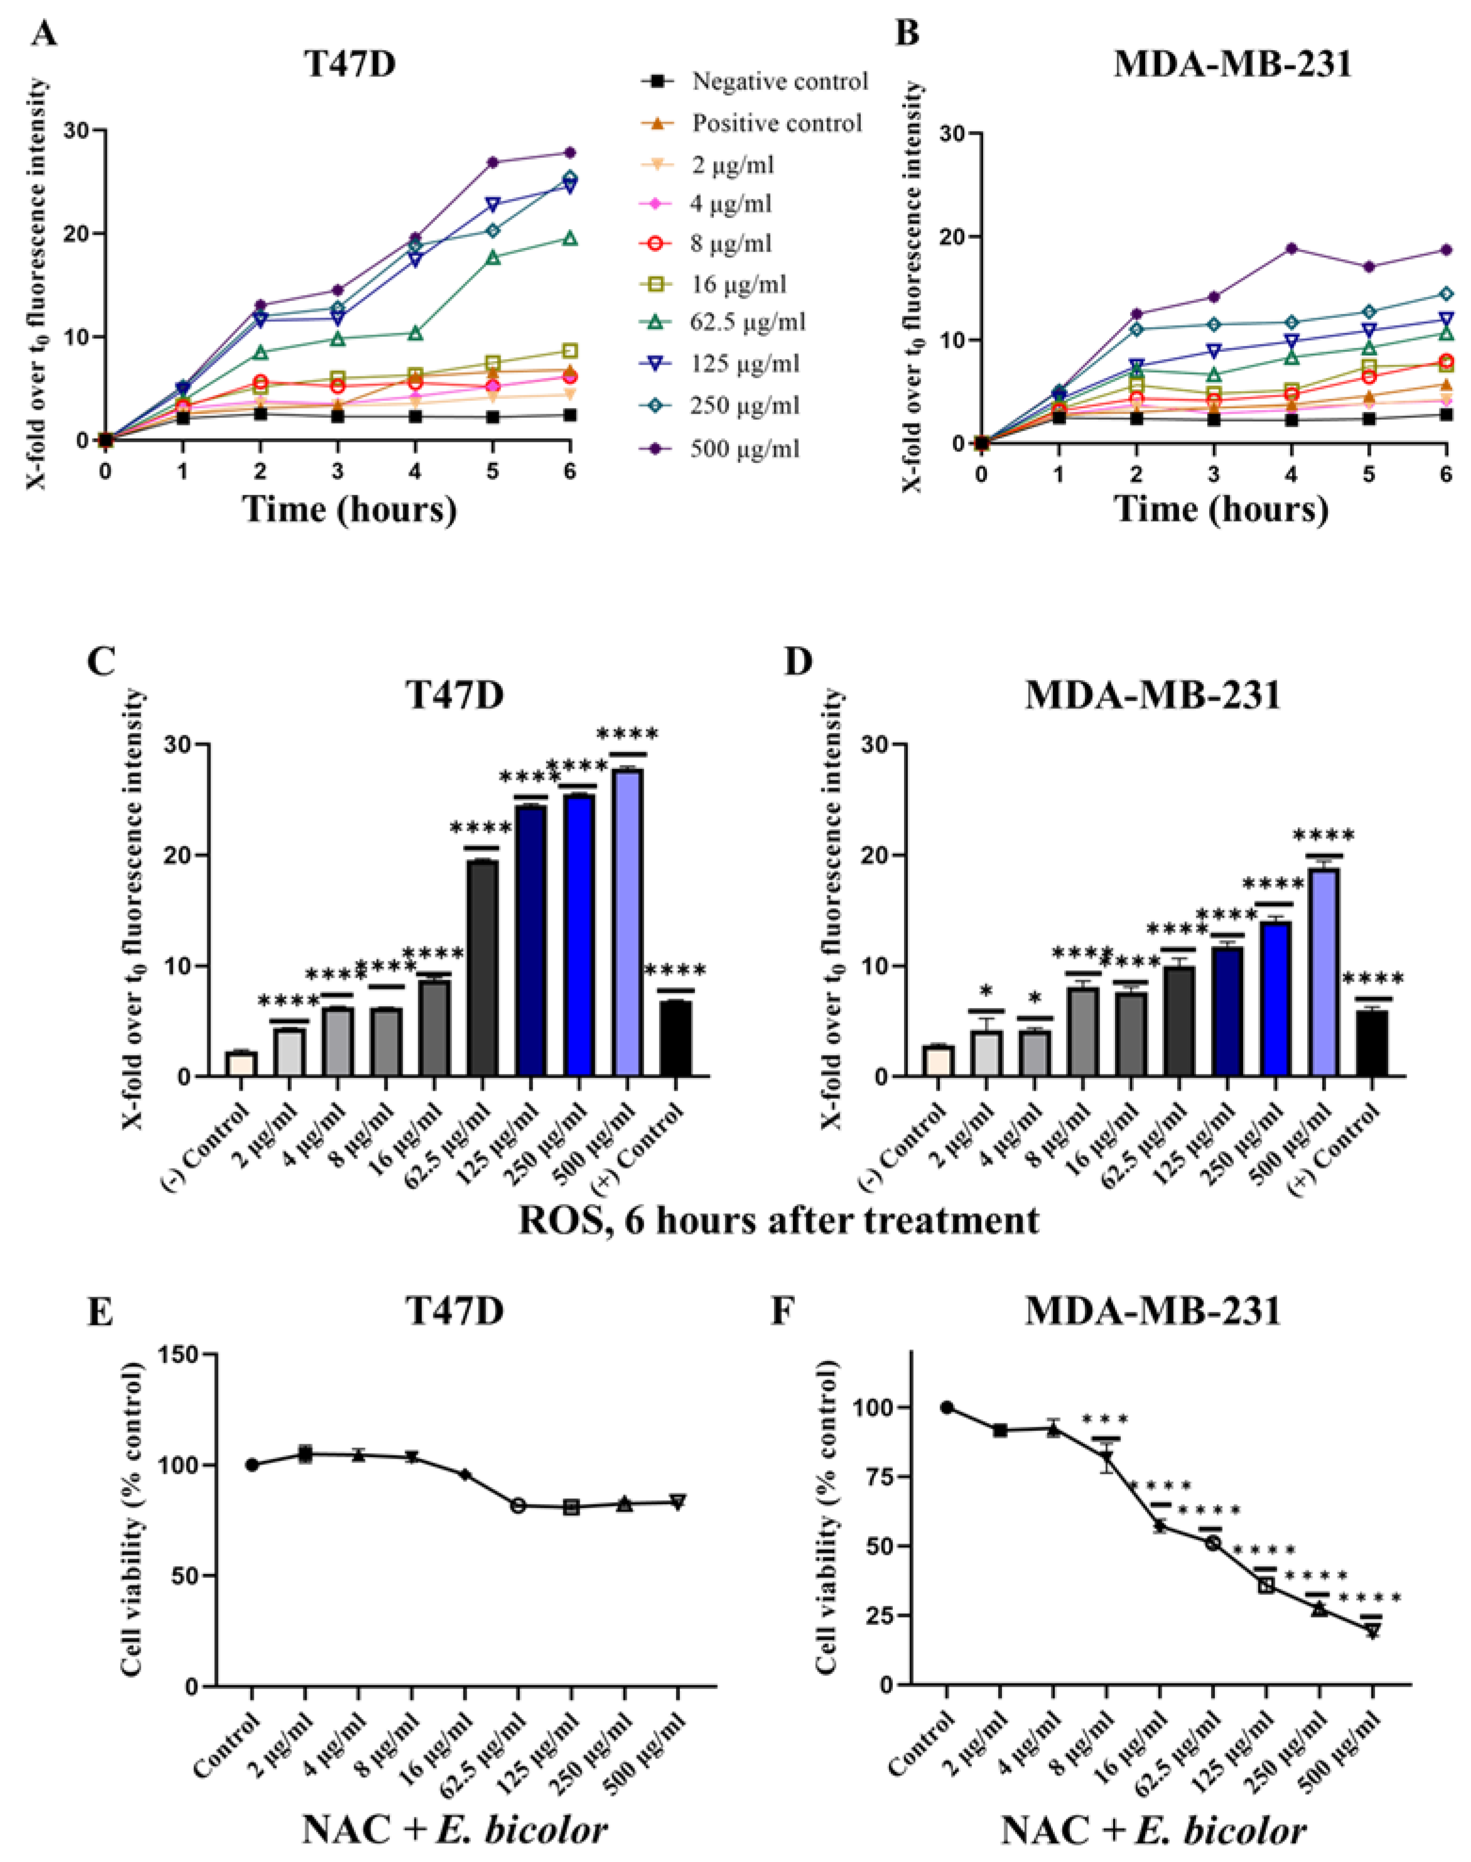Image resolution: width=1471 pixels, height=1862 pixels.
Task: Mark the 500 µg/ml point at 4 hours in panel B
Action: click(1291, 248)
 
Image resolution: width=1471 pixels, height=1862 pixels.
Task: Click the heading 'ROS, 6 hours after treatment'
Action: click(778, 1221)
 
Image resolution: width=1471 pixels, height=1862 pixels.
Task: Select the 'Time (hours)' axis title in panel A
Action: click(350, 508)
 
